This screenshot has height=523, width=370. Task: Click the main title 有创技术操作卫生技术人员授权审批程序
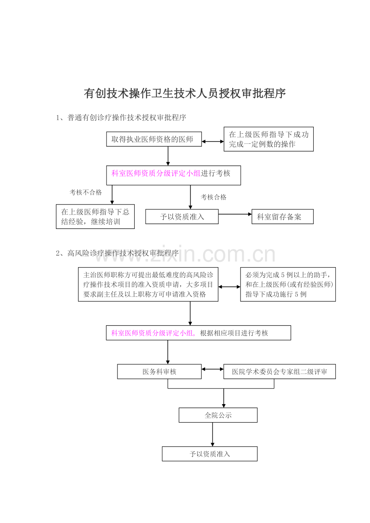[185, 93]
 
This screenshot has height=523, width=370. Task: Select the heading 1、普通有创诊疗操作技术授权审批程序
[121, 117]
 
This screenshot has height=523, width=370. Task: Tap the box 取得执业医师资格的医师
[154, 139]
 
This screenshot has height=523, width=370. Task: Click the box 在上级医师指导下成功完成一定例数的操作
[269, 139]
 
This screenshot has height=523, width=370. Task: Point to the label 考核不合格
[86, 192]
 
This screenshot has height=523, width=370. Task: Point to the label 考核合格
[214, 197]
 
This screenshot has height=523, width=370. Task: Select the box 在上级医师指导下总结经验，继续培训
[95, 217]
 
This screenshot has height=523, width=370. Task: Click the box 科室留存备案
[282, 217]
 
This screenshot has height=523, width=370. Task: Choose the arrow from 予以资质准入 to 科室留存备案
[235, 214]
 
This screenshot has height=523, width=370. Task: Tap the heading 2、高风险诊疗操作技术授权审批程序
[117, 253]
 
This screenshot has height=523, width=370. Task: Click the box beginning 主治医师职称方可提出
[148, 284]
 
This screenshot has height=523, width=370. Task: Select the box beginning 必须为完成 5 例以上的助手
[288, 284]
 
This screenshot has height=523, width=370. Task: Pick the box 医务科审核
[159, 372]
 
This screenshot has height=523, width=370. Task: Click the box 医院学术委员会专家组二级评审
[280, 372]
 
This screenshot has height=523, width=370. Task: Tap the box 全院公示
[218, 415]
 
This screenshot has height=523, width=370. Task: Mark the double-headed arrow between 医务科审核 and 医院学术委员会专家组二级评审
[212, 369]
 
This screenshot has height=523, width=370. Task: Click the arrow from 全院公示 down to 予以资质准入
[212, 435]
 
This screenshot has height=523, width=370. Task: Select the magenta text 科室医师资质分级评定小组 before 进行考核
[156, 173]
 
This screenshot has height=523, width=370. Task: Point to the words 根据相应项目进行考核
[234, 333]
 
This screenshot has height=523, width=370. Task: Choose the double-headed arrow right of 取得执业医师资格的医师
[213, 141]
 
